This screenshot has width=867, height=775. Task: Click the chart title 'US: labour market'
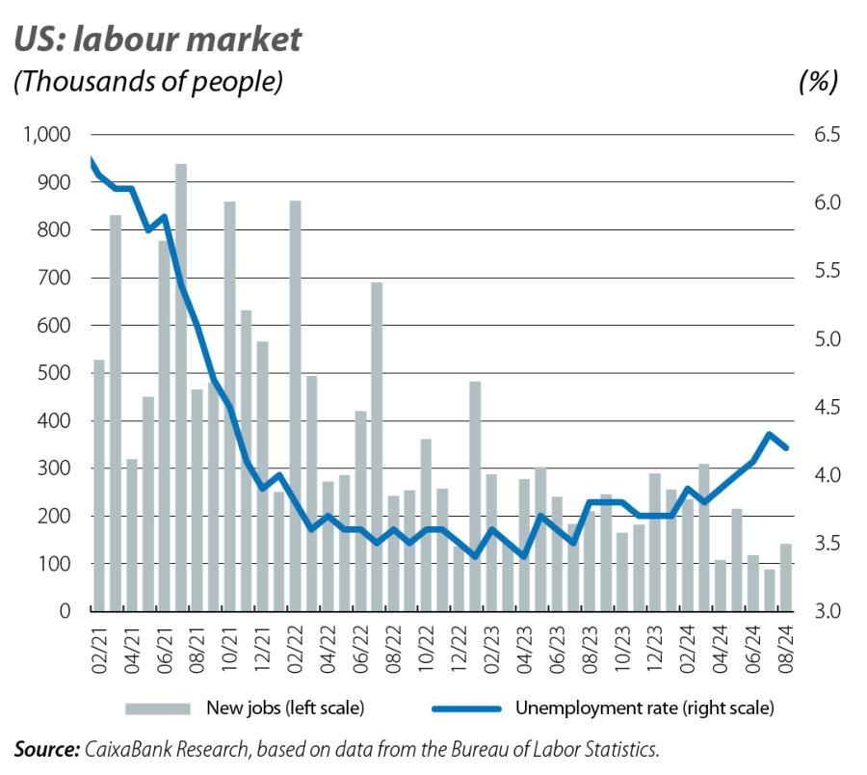click(158, 40)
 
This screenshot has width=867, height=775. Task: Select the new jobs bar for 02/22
click(296, 406)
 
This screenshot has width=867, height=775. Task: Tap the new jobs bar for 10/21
click(230, 406)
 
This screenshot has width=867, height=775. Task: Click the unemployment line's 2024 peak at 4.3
click(769, 434)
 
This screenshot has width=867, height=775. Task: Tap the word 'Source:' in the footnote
click(46, 749)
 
